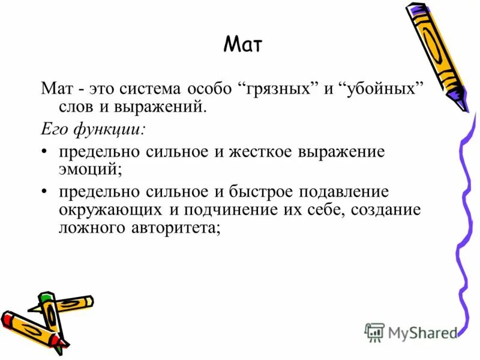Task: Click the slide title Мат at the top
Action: [x=243, y=44]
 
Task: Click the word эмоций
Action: [x=90, y=170]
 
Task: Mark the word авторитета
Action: [x=180, y=229]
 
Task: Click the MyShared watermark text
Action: [x=422, y=332]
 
